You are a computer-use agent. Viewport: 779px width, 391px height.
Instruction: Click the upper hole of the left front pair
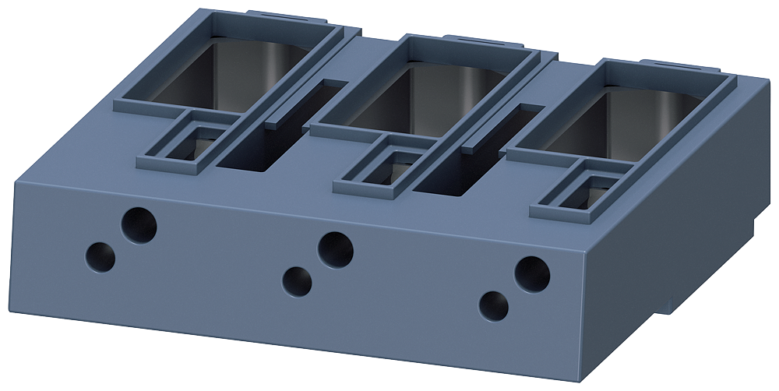pos(139,225)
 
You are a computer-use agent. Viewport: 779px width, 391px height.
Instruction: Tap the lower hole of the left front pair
pos(100,256)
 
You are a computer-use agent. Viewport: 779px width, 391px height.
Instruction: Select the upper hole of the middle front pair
pos(336,250)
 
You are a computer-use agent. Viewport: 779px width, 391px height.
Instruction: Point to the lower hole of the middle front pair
pos(297,281)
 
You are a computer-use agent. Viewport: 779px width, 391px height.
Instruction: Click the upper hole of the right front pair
pos(532,274)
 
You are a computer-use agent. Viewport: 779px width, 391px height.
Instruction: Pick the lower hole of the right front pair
pos(494,306)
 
